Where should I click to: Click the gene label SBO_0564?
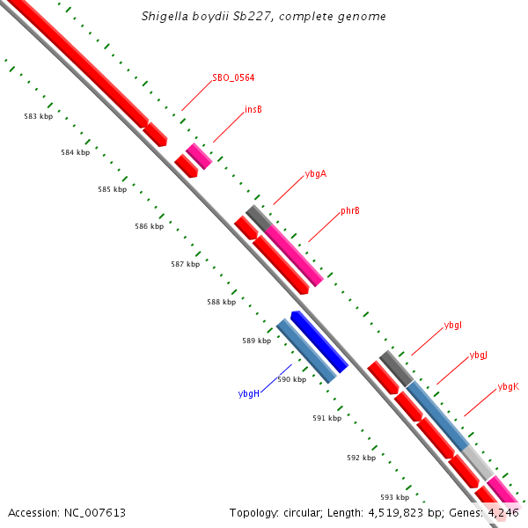233,78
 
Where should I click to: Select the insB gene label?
253,110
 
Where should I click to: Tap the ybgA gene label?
316,174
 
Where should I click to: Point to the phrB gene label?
350,211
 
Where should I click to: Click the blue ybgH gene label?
248,393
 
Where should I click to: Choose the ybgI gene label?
453,326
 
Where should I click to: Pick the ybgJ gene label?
479,356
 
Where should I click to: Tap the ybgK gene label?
509,386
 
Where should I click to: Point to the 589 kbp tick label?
256,341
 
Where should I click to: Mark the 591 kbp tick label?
326,419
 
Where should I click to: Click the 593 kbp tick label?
394,497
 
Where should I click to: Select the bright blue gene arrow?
319,341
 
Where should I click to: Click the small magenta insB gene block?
199,156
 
